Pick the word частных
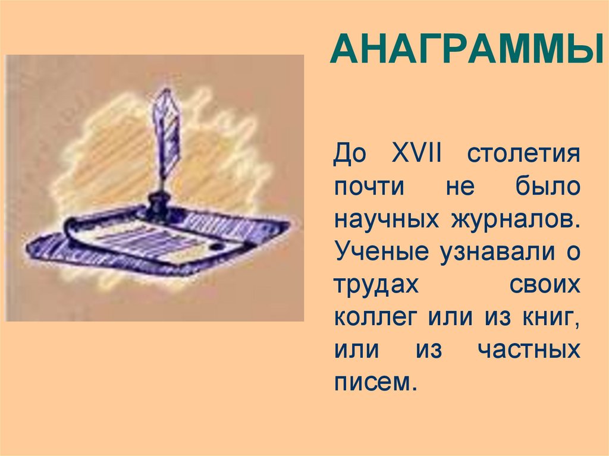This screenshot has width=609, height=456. [x=529, y=350]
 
